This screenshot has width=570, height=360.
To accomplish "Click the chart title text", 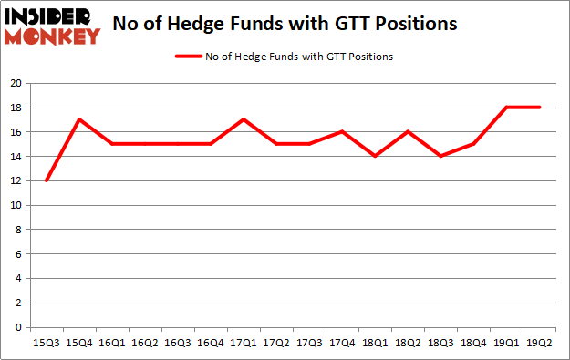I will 285,23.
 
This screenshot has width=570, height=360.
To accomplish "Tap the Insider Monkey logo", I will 52,26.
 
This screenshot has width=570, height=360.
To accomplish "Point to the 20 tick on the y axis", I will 16,83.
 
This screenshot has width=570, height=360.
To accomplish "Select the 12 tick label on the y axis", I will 16,180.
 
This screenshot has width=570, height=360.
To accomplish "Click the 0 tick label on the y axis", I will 18,327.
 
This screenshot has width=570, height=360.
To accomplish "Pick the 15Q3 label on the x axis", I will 47,344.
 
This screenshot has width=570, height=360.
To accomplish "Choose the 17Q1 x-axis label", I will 244,344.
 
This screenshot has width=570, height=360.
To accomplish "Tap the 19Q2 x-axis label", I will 540,344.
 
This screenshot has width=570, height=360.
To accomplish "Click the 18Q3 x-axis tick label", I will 441,344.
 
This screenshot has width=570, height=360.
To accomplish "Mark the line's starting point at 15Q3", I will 47,180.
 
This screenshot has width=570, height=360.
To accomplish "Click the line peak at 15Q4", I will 79,119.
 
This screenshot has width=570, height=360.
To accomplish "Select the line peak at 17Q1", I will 244,119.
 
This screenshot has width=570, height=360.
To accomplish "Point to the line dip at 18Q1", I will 376,156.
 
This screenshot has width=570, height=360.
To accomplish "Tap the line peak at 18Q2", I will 409,131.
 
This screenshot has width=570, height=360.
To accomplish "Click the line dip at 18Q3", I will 441,156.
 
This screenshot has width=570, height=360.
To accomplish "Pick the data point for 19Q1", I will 507,108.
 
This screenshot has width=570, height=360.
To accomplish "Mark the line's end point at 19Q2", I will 540,108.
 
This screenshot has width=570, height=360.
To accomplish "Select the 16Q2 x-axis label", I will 145,344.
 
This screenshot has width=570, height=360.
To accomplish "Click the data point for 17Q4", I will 343,131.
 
